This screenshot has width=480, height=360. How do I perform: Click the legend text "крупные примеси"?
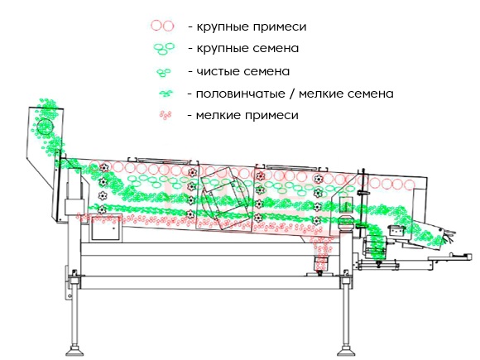coord(251,26)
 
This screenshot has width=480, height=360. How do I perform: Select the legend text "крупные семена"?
coord(247,48)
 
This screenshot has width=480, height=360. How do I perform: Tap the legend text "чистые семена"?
coord(242,71)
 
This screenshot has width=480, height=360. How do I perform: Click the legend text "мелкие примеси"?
coord(247,115)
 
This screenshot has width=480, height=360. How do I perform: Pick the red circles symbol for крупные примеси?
coord(162,26)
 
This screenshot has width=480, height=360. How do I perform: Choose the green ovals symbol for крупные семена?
coord(164,48)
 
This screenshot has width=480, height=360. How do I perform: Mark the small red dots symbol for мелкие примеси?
coord(166,115)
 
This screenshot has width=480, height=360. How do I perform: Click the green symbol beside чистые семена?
coord(164,73)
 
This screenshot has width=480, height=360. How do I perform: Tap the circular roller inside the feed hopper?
coord(45,127)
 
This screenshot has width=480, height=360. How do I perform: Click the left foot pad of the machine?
coord(74,350)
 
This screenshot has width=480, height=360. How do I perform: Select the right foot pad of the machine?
coord(346,350)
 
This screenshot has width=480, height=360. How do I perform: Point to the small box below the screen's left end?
coord(105,227)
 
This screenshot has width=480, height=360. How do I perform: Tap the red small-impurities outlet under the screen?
coord(321,263)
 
